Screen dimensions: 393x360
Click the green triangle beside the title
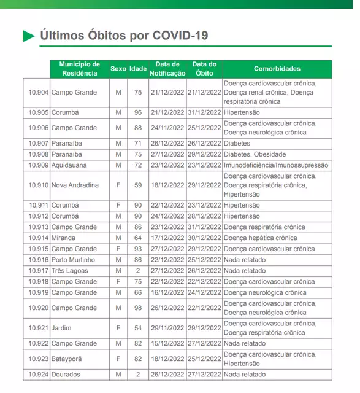[29, 36]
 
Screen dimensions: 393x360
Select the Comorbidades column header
[277, 69]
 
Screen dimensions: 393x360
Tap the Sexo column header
[118, 69]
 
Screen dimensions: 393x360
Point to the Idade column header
[137, 69]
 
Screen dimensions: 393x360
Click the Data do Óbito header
[204, 69]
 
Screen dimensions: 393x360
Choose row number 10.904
[38, 92]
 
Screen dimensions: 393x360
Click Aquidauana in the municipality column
[69, 165]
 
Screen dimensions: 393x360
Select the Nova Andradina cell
[75, 185]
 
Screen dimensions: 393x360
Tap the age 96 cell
[138, 112]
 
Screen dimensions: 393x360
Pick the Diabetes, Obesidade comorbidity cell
[255, 154]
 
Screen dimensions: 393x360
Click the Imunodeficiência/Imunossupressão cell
[276, 165]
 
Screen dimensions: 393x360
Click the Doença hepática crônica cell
[261, 238]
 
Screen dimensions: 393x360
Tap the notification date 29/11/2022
[167, 328]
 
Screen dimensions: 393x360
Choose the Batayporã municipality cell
[69, 359]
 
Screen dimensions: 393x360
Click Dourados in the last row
[66, 374]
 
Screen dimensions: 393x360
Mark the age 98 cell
[138, 308]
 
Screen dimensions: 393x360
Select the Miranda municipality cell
[64, 238]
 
